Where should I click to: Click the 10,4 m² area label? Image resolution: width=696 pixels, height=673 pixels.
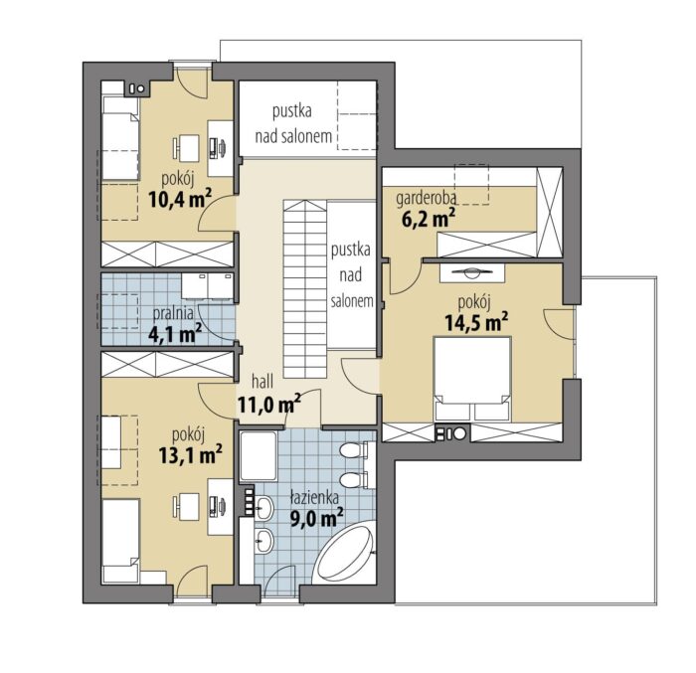[x=180, y=198]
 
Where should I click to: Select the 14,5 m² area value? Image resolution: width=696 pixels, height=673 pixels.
[x=476, y=321]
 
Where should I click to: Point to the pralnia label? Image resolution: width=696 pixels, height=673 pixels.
[x=173, y=313]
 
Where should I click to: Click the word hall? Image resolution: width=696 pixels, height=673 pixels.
[x=262, y=381]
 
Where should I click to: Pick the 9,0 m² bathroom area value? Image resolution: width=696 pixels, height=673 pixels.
[x=316, y=517]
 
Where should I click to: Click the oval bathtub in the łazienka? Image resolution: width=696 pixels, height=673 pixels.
[x=344, y=554]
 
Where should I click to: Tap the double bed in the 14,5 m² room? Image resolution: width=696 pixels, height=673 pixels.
[x=472, y=378]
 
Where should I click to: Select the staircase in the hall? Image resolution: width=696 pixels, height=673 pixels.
[x=305, y=289]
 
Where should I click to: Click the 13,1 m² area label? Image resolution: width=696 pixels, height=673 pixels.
[x=191, y=454]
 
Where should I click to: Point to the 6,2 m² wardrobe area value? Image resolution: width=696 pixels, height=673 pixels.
[x=429, y=219]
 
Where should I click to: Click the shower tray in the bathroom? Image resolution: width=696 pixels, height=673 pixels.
[x=259, y=456]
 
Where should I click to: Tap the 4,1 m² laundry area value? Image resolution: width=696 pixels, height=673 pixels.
[x=175, y=333]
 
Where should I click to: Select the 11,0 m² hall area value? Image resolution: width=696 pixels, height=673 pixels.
[x=269, y=403]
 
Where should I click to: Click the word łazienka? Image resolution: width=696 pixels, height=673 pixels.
[x=314, y=498]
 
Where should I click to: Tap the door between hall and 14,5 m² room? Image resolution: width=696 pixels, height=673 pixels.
[x=360, y=376]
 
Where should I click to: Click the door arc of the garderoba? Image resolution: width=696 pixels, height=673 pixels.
[x=406, y=278]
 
